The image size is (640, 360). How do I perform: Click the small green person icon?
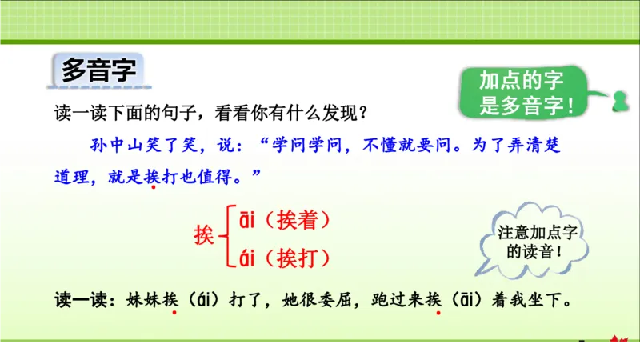coord(619,102)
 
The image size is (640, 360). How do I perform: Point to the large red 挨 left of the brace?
coord(206,234)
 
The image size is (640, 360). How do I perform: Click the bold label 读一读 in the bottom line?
coord(79,301)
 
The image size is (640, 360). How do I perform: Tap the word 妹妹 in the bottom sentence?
coord(141,301)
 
